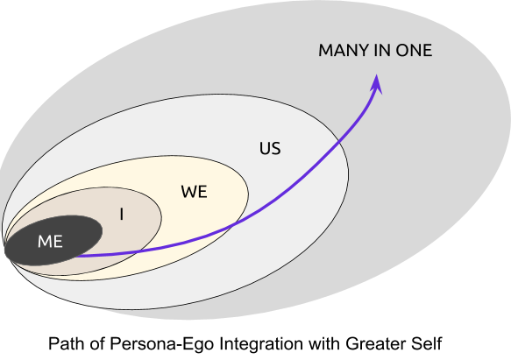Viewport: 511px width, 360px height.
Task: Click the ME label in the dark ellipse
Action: click(x=50, y=242)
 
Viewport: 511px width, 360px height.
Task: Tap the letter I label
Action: click(x=122, y=215)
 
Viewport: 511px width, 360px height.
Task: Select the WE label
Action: click(x=195, y=192)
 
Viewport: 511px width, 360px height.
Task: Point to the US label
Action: click(x=270, y=148)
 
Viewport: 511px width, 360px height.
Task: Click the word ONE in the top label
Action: click(x=414, y=50)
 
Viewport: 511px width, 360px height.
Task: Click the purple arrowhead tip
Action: click(x=377, y=74)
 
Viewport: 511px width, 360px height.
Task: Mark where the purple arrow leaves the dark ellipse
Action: click(x=75, y=256)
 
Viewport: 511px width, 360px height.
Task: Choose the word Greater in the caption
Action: click(x=371, y=343)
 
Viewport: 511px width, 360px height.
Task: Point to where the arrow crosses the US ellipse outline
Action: click(x=339, y=142)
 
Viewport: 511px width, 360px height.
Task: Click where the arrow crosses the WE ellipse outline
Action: click(x=234, y=224)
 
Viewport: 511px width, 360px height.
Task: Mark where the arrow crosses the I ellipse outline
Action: click(x=139, y=251)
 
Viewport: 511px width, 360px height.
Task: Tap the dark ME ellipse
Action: click(x=53, y=240)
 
